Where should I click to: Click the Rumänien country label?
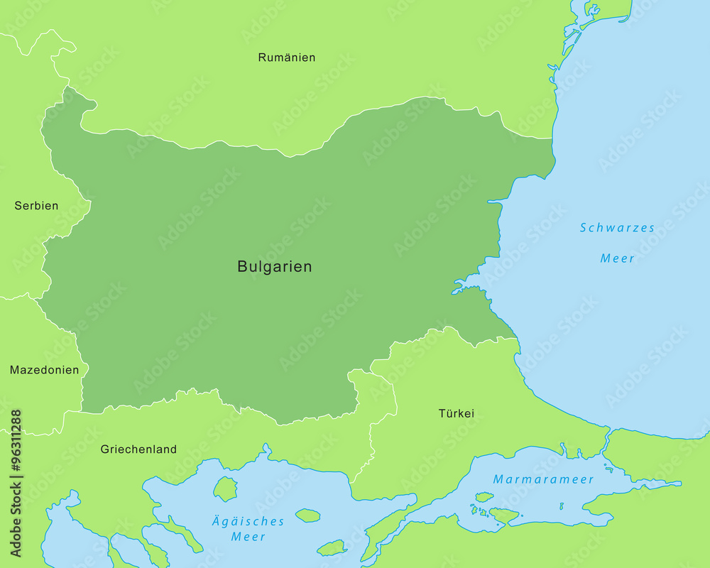coord(287,58)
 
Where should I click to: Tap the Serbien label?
coord(36,206)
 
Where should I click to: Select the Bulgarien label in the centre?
coord(274,267)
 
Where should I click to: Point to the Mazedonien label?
coord(44,370)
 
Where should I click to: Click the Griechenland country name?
coord(138,449)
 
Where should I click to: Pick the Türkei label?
coord(456,413)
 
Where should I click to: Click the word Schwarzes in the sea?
coord(617,228)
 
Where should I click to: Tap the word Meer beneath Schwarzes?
coord(617,258)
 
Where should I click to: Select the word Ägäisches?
coord(248,521)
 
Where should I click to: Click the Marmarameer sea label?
coord(543,479)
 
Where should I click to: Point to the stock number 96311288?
coord(16,483)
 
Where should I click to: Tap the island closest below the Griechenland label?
coord(225,488)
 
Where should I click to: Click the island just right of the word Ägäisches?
coord(307,515)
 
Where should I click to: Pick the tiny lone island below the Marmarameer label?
coord(561,506)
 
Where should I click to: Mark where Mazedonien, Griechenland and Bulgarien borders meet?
coord(82,411)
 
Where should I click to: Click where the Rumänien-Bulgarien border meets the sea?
coord(553,138)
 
